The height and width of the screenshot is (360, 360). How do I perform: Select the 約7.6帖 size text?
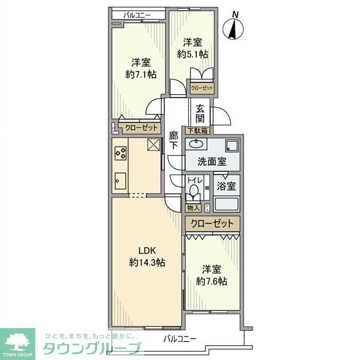click(211, 281)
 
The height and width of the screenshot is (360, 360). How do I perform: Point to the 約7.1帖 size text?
click(140, 75)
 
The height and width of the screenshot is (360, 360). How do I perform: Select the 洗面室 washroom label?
click(212, 161)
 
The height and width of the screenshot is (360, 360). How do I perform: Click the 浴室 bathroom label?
click(226, 185)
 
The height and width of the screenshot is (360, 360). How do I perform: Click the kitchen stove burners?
click(121, 153)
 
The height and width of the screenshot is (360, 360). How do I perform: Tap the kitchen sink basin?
click(120, 180)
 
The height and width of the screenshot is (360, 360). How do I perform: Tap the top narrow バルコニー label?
click(137, 15)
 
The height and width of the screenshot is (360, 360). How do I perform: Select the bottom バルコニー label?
click(180, 339)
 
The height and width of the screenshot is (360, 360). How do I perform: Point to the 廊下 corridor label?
click(174, 140)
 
